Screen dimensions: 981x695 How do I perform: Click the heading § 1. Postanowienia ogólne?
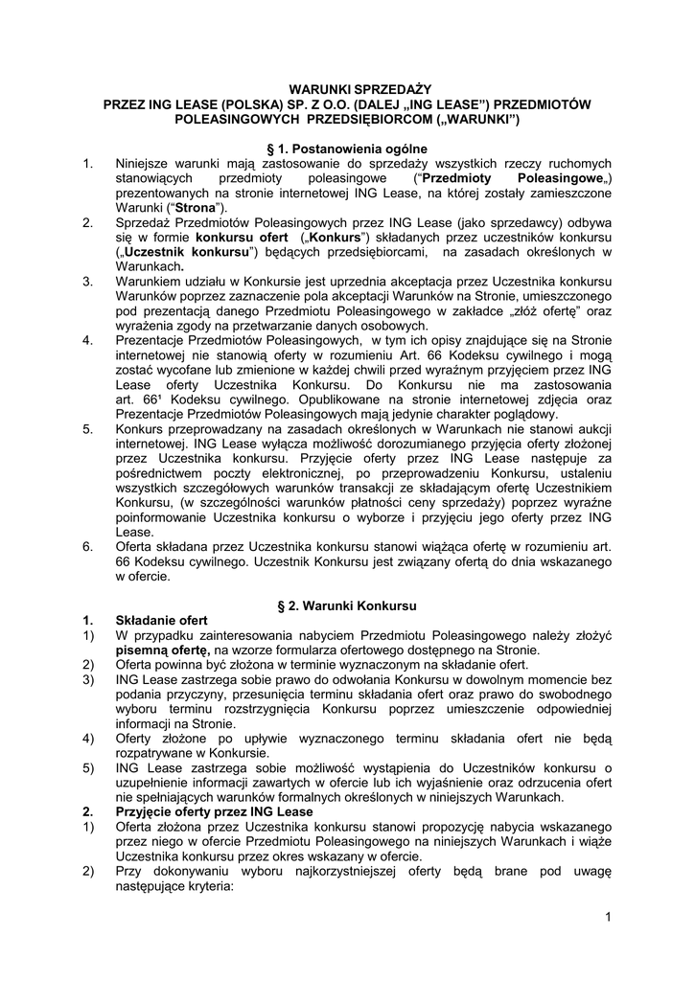coord(346,148)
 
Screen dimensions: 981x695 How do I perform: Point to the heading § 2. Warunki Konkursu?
coord(346,606)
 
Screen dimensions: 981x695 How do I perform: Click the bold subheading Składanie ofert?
coord(161,621)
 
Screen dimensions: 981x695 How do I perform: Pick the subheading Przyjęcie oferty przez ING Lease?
coord(214,811)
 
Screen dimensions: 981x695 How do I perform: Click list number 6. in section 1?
coord(87,547)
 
